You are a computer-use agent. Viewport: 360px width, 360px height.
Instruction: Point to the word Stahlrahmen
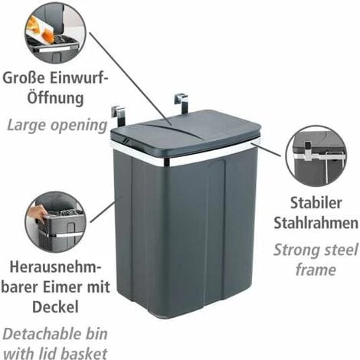pyautogui.click(x=316, y=224)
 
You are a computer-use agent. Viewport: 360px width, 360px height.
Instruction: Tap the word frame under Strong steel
pyautogui.click(x=315, y=270)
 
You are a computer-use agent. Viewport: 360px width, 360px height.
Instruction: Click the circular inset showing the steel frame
pyautogui.click(x=314, y=159)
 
